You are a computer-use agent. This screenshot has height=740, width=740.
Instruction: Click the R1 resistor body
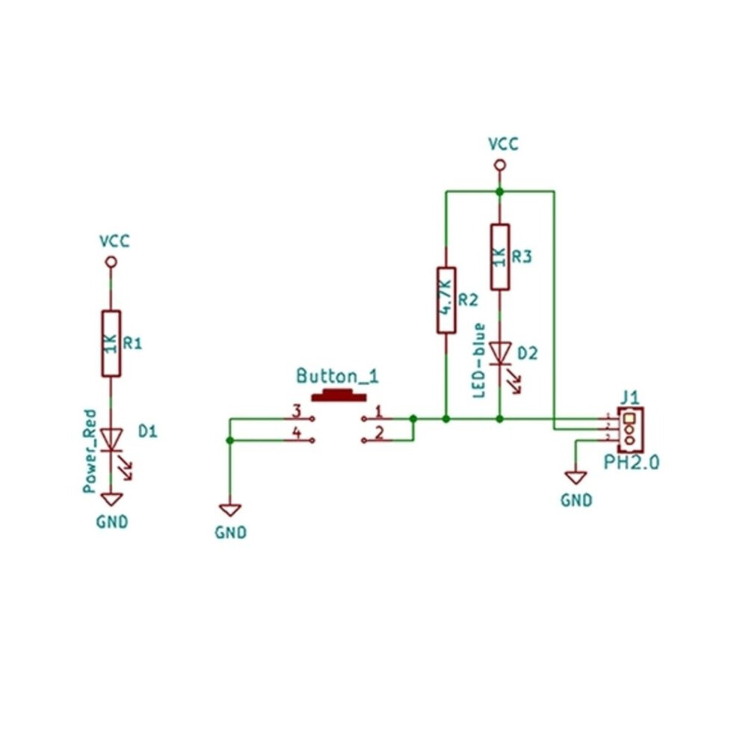[111, 344]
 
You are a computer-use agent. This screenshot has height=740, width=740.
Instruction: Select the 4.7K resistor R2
[446, 300]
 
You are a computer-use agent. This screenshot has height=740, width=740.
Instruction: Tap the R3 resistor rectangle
[500, 256]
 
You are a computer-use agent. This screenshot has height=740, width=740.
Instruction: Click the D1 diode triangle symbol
[111, 440]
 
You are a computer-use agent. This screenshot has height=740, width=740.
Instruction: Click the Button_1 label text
[337, 376]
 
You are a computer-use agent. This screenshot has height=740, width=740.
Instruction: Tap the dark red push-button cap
[339, 395]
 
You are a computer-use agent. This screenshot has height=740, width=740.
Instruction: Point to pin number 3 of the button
[297, 411]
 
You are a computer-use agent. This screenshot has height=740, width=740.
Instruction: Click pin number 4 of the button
[297, 432]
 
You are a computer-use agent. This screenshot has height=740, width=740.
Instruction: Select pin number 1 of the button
[378, 411]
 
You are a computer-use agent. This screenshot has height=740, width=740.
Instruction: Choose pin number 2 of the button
[379, 432]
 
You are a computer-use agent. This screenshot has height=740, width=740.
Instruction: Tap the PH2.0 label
[632, 463]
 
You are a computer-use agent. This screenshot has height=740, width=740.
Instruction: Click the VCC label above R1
[114, 241]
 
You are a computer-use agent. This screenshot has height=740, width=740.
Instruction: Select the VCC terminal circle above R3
[500, 165]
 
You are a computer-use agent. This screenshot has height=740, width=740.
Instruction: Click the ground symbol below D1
[111, 499]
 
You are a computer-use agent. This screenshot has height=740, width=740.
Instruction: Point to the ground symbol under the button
[229, 510]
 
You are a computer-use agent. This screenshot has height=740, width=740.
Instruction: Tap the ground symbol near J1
[576, 478]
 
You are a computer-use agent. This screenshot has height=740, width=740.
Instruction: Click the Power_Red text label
[89, 451]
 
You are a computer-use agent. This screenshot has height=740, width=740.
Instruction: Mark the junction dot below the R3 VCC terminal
[500, 191]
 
